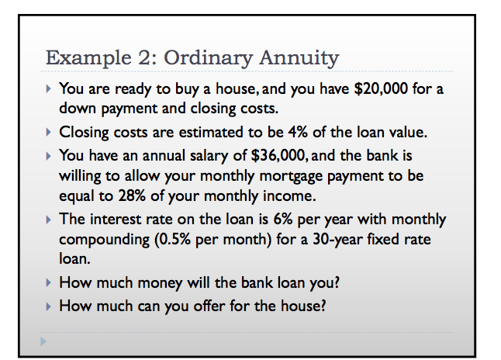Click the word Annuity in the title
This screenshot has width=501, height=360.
tap(299, 58)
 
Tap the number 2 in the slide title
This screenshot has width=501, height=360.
tap(147, 57)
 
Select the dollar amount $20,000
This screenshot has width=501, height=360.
tap(381, 88)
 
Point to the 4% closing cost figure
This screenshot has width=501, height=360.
tap(298, 132)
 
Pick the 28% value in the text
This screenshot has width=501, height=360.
tap(132, 196)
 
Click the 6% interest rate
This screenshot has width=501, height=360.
tap(283, 220)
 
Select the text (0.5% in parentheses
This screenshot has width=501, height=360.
tap(172, 240)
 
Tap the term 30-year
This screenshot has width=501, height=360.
tap(337, 240)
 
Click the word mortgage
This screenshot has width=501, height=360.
tap(291, 177)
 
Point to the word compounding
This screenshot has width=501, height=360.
tap(104, 241)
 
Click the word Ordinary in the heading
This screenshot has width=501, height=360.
tap(209, 58)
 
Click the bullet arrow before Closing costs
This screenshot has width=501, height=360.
tap(49, 132)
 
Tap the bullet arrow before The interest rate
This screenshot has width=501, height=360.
tap(49, 220)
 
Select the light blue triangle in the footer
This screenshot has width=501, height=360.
tap(43, 341)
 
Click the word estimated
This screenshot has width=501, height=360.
tap(211, 133)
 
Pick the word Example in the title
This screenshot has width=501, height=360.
tap(88, 58)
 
